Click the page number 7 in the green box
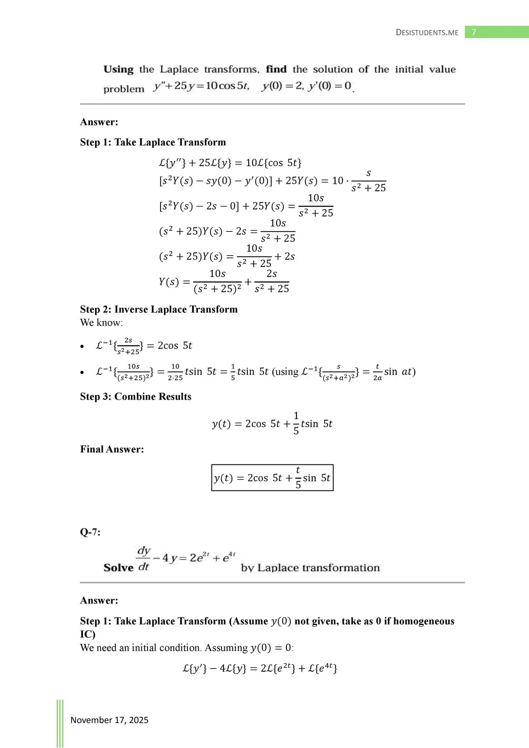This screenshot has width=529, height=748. point(474,32)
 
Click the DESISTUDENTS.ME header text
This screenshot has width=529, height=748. point(427,32)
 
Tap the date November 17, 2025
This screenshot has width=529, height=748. point(109,720)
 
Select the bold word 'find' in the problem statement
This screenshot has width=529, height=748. point(276,69)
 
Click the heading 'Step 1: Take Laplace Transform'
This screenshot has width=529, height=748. point(153,142)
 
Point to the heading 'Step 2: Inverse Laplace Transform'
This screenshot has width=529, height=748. point(159,309)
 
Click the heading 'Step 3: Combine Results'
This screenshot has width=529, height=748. point(136,397)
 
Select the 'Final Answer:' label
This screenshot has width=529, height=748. point(112,449)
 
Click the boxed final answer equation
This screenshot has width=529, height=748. point(272,478)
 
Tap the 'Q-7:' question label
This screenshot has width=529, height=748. point(90,532)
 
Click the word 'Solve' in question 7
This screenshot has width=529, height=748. point(118,568)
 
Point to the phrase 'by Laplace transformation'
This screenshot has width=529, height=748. point(310,568)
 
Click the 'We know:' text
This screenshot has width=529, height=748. point(101,323)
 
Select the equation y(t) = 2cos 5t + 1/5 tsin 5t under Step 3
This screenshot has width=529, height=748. point(272,423)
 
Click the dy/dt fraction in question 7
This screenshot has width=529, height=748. point(143,558)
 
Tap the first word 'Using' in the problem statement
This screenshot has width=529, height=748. point(118,69)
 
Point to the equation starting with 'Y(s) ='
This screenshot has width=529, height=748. point(224,282)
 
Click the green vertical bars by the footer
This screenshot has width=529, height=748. point(60,723)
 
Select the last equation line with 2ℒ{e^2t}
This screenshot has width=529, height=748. point(260,669)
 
